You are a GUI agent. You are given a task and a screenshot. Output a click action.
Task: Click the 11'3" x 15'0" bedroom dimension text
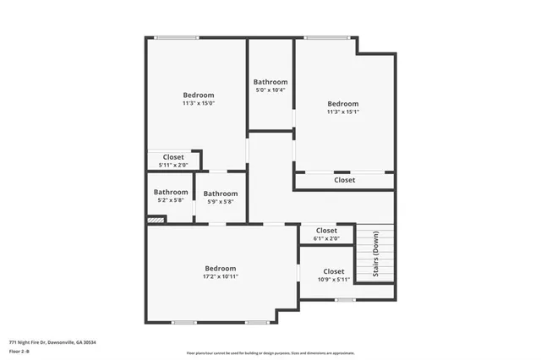coord(199,104)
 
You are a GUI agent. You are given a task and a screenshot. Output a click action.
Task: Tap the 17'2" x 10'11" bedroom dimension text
coord(220,276)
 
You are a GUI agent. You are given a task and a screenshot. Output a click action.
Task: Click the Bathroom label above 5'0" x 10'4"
coord(270,82)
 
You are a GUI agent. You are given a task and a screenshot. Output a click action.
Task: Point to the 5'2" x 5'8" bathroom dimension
coord(171,200)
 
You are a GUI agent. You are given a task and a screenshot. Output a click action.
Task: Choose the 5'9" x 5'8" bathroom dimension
coord(220,201)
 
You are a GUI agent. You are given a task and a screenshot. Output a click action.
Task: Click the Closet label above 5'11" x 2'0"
coord(173,156)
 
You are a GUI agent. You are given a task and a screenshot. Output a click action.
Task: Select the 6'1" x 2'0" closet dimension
coord(326,238)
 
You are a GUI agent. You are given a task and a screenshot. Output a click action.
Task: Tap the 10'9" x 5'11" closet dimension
coord(333,280)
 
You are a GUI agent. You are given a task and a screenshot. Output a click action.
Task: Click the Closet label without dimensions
coord(344,180)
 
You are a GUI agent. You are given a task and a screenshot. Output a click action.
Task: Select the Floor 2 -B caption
coord(19,351)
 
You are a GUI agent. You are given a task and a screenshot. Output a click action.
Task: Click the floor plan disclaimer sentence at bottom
coord(270,353)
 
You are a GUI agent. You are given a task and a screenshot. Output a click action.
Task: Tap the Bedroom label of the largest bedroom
coord(220,268)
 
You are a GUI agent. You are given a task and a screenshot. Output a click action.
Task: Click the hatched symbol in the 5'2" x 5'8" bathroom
coord(155,221)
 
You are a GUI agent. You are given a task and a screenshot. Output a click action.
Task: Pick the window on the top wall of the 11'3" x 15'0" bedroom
coord(176,37)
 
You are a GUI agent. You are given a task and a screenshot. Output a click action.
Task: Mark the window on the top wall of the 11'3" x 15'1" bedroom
coord(326,37)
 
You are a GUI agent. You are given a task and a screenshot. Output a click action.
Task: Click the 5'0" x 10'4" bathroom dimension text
coord(270,90)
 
